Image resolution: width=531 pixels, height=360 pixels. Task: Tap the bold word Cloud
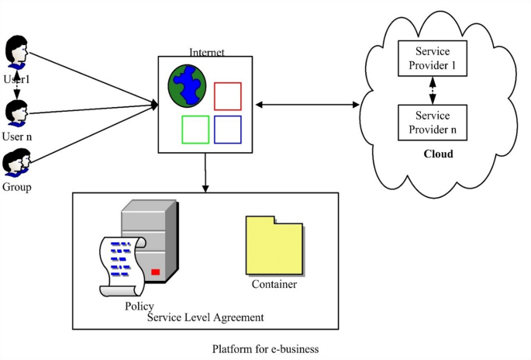point(438,154)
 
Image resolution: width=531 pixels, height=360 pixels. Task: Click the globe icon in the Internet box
point(187,86)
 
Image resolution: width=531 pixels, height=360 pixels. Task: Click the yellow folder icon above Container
point(274,245)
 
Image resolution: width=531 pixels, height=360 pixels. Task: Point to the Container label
point(274,284)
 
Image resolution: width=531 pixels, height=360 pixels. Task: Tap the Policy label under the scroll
point(140,306)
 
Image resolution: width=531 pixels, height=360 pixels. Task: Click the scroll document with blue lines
point(122,266)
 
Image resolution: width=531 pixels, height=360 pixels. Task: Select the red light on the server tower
point(156,272)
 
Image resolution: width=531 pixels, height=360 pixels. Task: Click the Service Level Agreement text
point(205,317)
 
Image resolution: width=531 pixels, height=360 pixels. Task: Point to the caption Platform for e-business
point(265,349)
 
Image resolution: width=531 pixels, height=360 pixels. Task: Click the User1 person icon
point(16,52)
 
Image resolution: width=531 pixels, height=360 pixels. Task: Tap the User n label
point(17,137)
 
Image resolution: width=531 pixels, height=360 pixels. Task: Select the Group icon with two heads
point(16,162)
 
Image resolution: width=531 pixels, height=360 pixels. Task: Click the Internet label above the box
point(206,52)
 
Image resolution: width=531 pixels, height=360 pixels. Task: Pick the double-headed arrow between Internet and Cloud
point(307,105)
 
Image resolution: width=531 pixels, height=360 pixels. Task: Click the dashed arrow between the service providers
point(433,91)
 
